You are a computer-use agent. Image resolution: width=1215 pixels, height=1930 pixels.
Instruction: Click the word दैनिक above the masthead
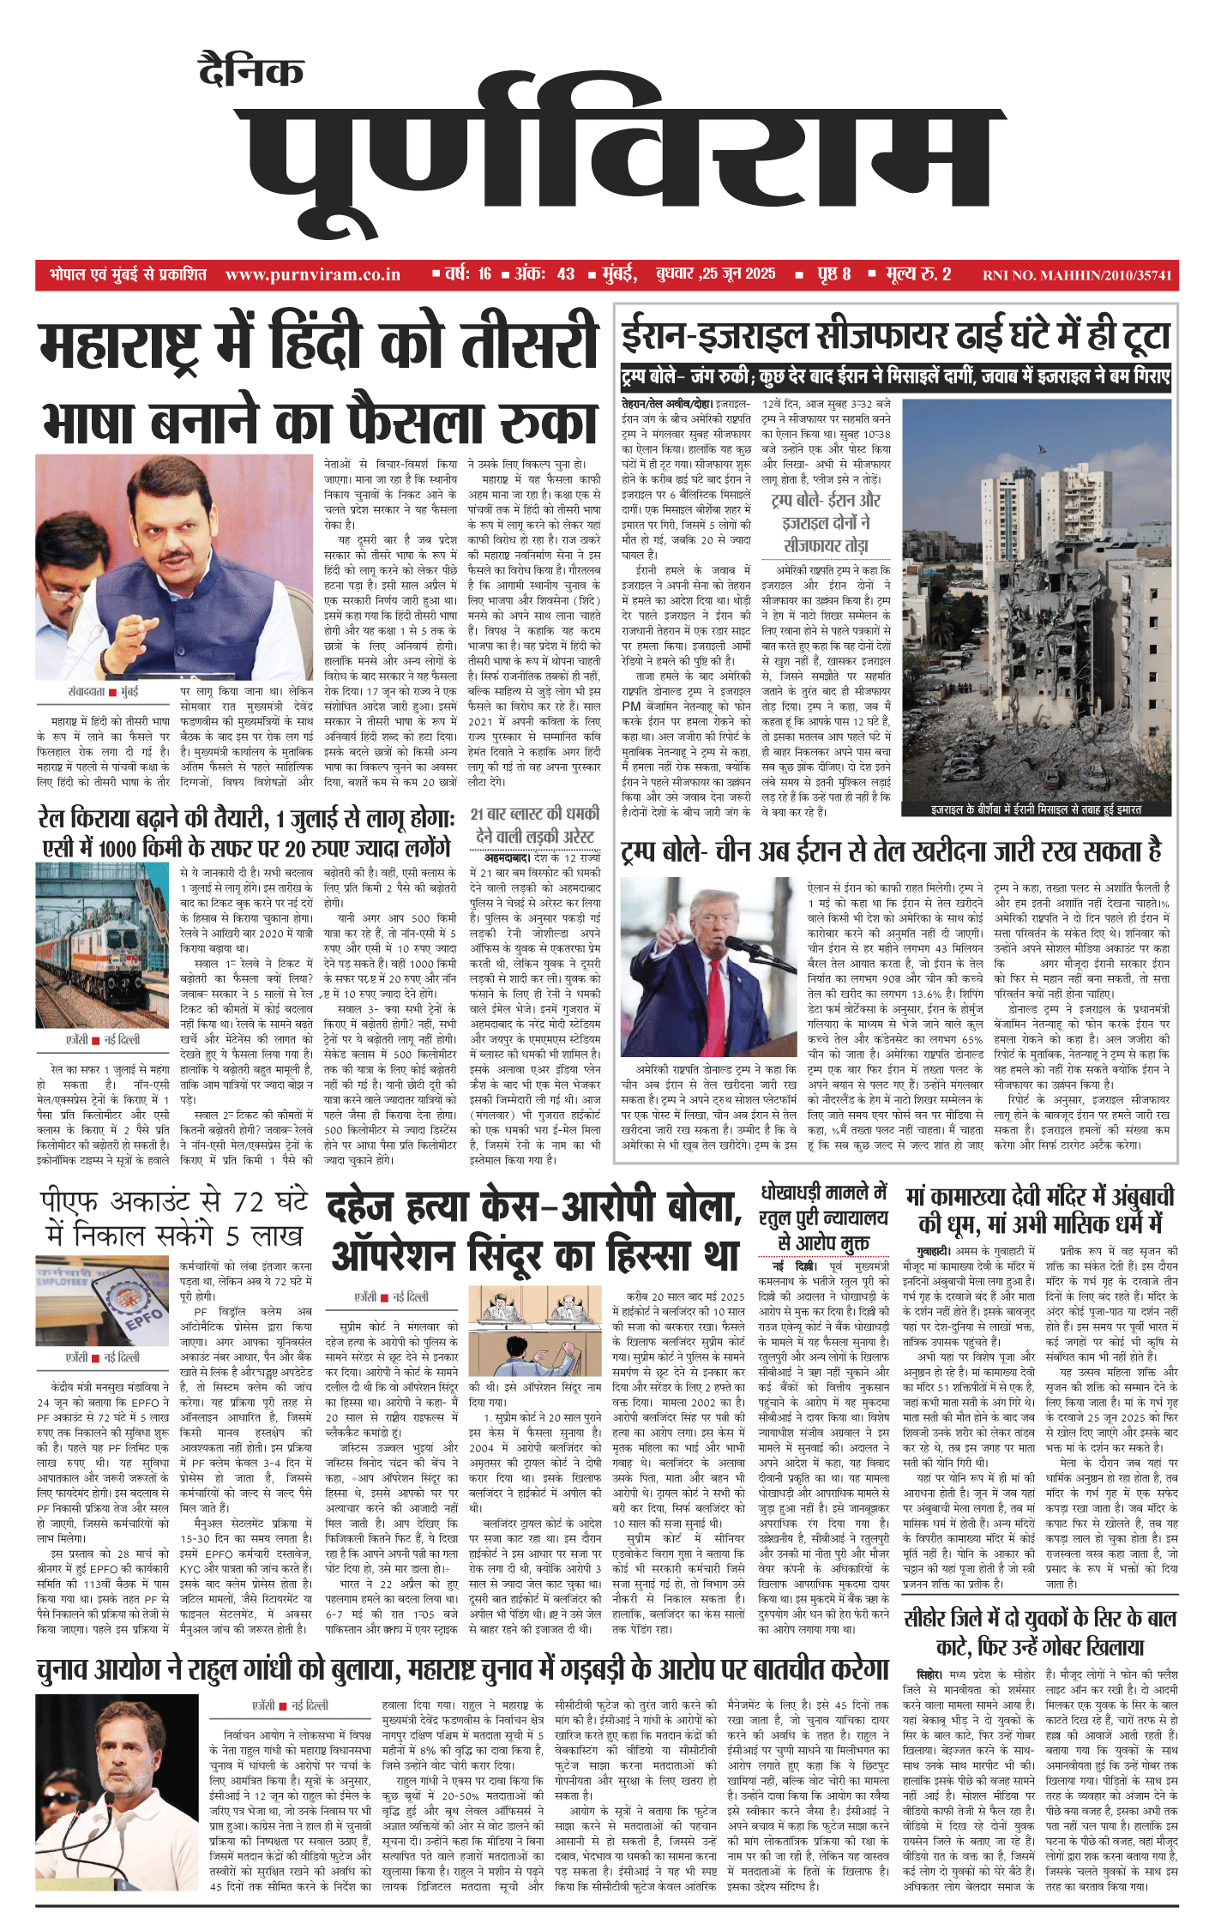coord(250,71)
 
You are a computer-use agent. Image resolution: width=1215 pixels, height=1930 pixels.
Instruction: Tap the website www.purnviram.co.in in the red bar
coord(313,274)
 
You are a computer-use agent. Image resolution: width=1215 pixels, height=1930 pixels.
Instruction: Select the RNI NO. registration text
coord(1076,275)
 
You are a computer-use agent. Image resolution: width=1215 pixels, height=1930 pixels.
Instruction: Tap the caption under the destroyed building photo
coord(1037,809)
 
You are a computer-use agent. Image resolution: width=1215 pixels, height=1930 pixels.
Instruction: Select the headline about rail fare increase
coord(247,833)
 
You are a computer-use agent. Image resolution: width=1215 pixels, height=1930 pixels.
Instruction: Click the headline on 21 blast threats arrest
coord(535,825)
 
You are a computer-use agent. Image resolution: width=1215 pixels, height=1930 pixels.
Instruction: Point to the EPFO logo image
coord(102,1304)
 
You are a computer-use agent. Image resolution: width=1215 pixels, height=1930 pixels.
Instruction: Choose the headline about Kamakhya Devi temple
coord(1040,1210)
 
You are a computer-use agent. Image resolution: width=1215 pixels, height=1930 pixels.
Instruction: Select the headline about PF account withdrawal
coord(174,1218)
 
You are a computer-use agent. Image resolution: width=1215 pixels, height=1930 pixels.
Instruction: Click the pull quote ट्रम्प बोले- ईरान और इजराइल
coord(826,522)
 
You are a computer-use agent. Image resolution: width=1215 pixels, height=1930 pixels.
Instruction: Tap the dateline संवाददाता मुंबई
coord(103,691)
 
